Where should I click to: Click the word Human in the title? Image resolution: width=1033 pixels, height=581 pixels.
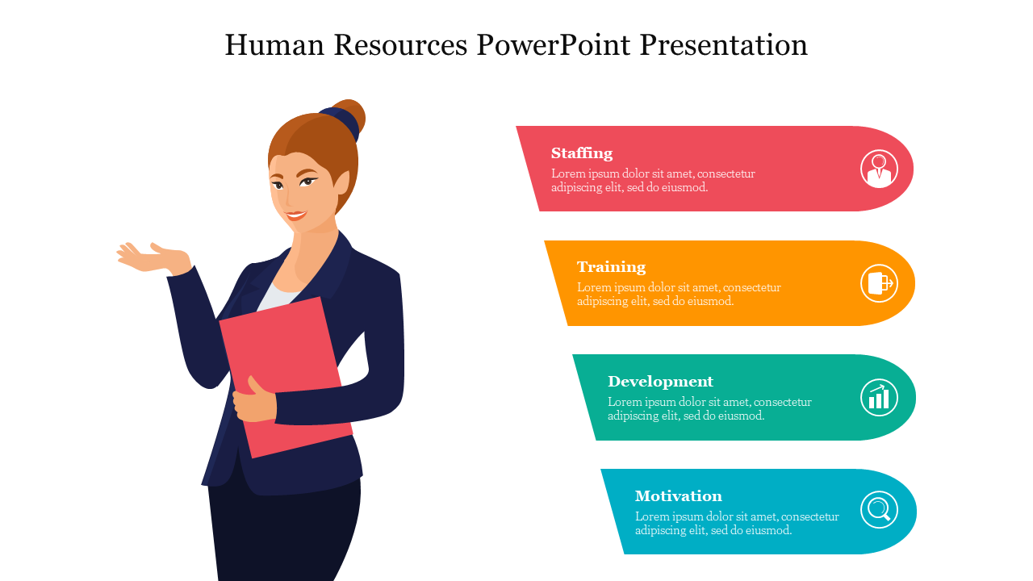click(274, 44)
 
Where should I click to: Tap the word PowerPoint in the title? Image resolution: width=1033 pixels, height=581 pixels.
click(554, 44)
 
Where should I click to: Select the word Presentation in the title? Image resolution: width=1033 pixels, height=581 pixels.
click(724, 44)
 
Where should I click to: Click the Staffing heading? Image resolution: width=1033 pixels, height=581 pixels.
click(582, 153)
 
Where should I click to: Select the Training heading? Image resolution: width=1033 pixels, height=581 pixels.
click(612, 267)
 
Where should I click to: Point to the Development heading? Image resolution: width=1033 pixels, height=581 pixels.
click(660, 382)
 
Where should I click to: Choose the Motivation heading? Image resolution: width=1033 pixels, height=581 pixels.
click(679, 495)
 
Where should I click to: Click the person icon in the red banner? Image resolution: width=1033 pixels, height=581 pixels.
click(879, 169)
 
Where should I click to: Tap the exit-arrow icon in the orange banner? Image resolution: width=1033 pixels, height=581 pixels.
click(879, 283)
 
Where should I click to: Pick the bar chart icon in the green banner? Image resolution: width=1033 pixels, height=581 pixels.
click(879, 398)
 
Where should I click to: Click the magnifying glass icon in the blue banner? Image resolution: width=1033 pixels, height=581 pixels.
click(879, 509)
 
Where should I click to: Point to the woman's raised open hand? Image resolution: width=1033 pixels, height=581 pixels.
click(153, 258)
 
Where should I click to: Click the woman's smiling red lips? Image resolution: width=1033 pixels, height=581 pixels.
click(295, 215)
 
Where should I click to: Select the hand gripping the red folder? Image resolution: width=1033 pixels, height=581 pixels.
click(254, 400)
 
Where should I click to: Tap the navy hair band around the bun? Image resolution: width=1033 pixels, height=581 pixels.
click(341, 122)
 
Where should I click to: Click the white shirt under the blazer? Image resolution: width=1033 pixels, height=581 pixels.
click(278, 298)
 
